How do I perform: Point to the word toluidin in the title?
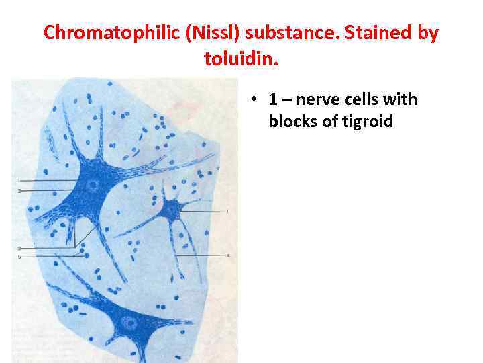click(237, 60)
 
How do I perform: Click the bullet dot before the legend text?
click(256, 100)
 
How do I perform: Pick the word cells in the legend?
click(362, 100)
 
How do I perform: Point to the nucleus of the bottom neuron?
click(129, 323)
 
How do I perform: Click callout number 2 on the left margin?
click(19, 192)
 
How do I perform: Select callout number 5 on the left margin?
click(19, 257)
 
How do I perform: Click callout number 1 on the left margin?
click(19, 180)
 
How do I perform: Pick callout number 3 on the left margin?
click(19, 248)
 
